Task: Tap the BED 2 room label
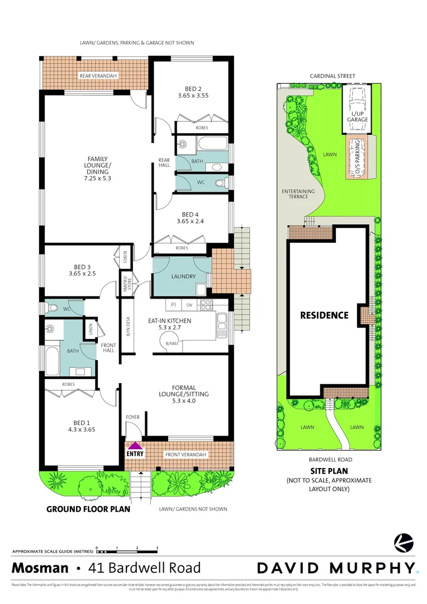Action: (196, 87)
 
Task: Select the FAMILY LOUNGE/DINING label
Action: (96, 166)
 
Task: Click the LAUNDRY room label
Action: (183, 277)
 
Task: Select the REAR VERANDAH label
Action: (94, 75)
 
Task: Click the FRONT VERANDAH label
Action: (186, 455)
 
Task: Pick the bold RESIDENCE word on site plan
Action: (324, 315)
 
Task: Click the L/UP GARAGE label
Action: (357, 116)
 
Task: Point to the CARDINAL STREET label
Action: (333, 76)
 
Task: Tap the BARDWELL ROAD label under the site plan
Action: (328, 460)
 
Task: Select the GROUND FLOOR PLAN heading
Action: (88, 509)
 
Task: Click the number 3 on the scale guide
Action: (157, 548)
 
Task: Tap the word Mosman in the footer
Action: (40, 568)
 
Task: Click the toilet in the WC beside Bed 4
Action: (220, 183)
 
